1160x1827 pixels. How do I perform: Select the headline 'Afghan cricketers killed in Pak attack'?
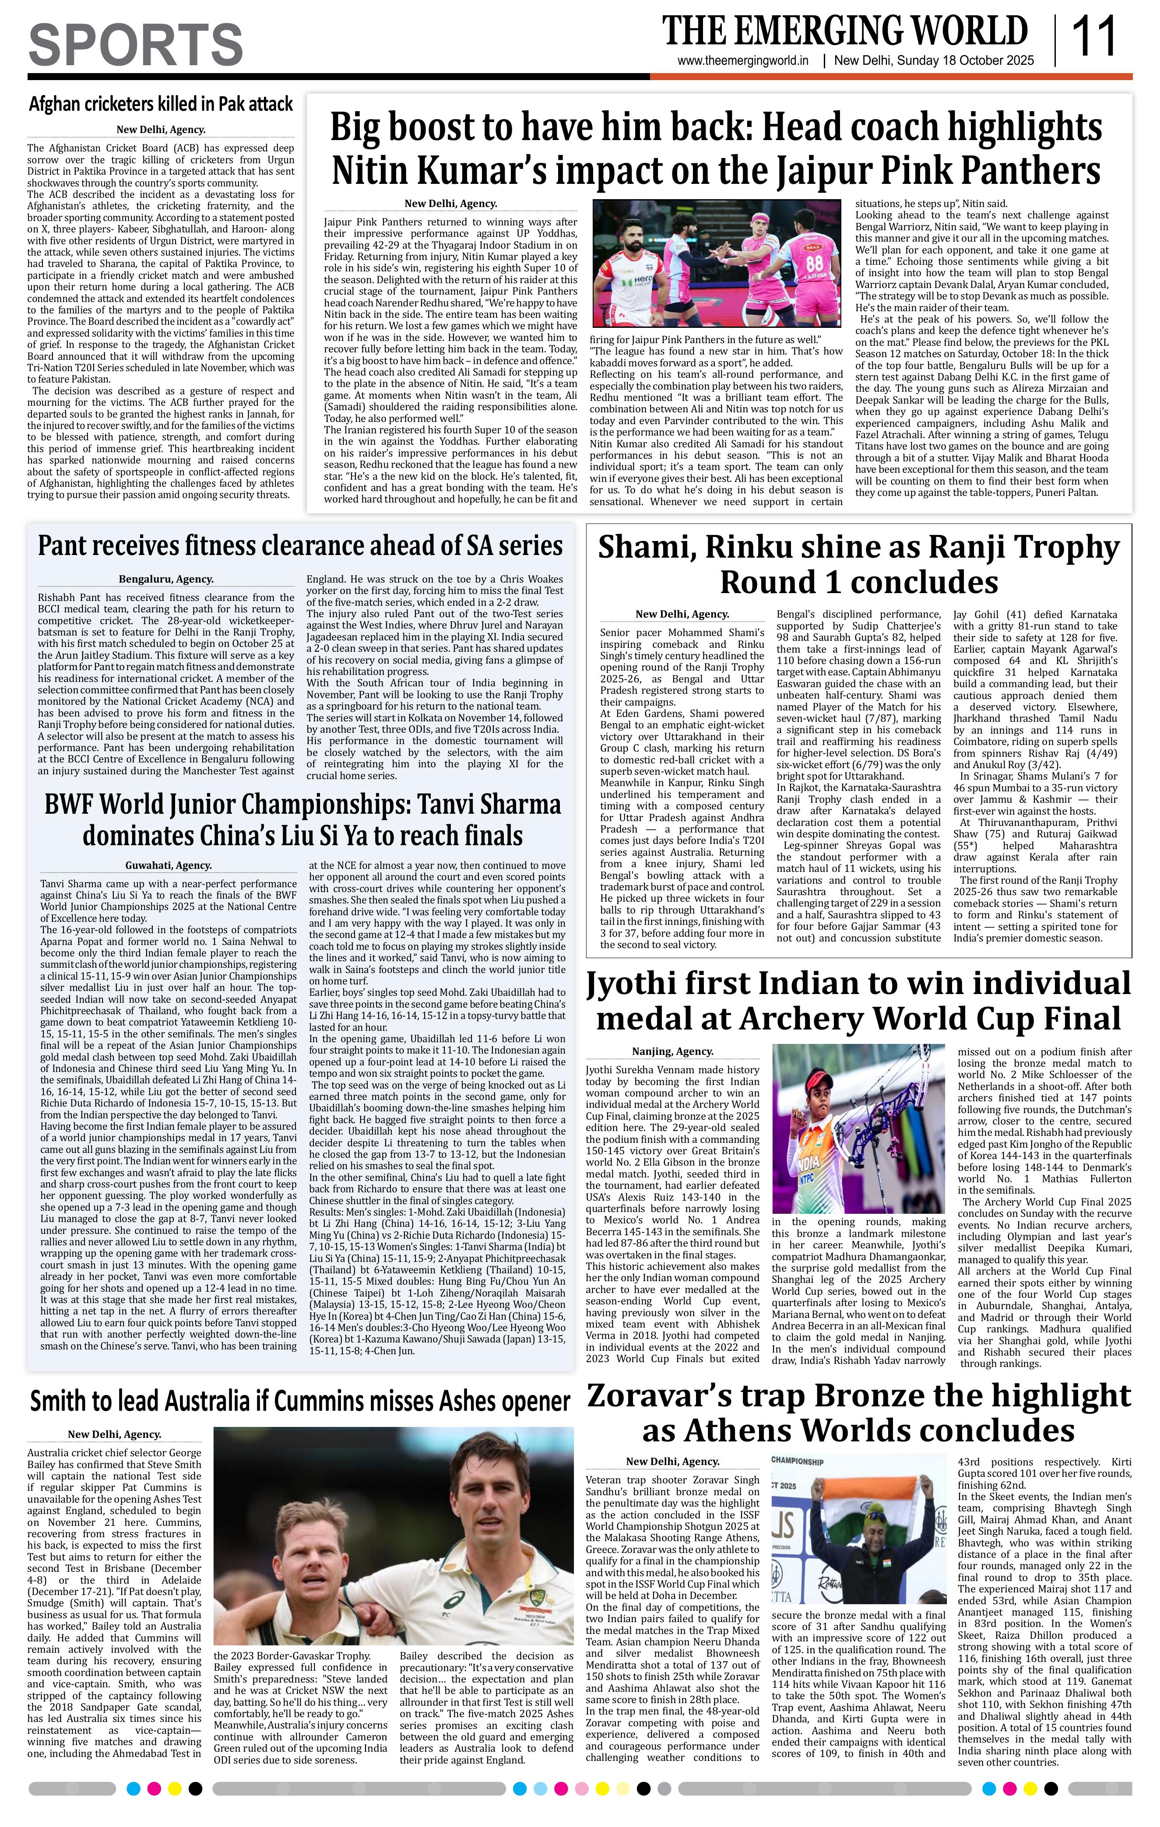click(x=161, y=103)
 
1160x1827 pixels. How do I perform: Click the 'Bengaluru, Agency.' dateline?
click(x=166, y=579)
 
